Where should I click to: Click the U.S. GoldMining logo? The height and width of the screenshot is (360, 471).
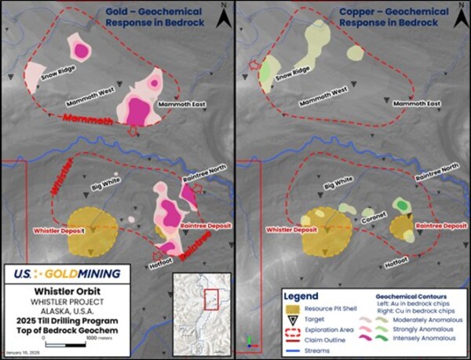67,273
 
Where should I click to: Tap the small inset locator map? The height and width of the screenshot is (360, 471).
200,312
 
